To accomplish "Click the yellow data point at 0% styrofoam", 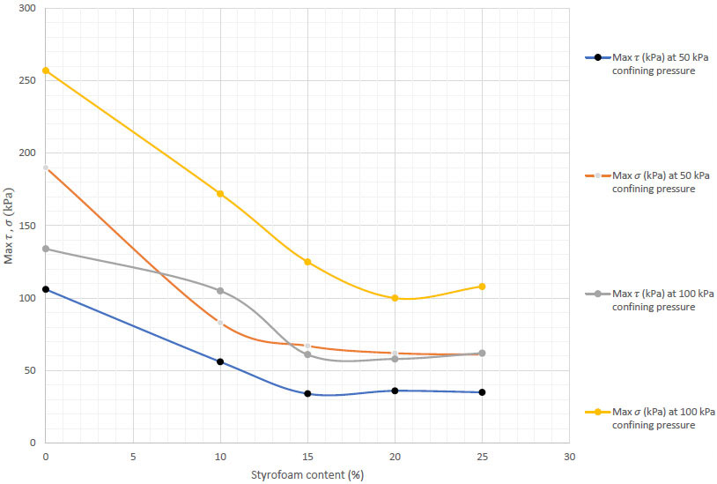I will tap(46, 71).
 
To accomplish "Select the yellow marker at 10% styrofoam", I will tap(220, 194).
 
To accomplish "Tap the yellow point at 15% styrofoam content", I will tap(307, 262).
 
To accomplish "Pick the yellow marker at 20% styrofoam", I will tap(395, 298).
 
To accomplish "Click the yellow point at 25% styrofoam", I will tap(482, 287).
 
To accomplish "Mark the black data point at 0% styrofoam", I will tap(46, 289).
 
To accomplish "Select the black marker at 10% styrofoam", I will tap(220, 361).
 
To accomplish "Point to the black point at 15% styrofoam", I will tap(307, 393).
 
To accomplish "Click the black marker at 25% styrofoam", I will tap(482, 392).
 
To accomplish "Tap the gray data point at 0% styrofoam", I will tap(46, 249).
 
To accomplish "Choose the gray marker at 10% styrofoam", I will tap(220, 291).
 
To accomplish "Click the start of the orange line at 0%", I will tap(46, 168).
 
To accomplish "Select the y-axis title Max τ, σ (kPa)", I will tap(9, 226).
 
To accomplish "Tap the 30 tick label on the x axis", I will tap(569, 458).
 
